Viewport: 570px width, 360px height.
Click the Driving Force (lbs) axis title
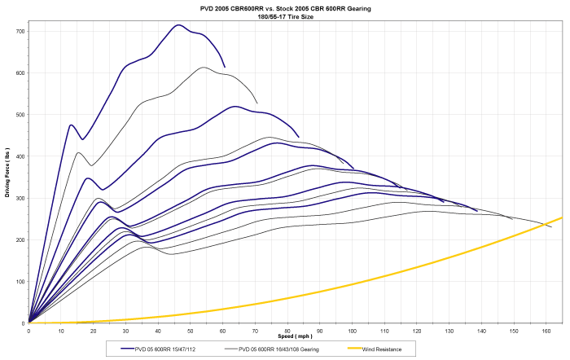tap(7, 178)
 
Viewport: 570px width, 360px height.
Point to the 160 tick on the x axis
tap(546, 329)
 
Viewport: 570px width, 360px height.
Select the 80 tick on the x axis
tap(287, 329)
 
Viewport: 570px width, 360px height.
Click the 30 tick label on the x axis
tap(126, 329)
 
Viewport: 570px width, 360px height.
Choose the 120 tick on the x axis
tap(416, 329)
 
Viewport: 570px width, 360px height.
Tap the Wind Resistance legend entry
tap(387, 348)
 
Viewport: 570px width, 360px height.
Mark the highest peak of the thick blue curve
tap(178, 25)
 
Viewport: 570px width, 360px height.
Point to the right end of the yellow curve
tap(562, 217)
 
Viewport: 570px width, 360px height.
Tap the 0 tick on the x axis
tap(29, 329)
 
